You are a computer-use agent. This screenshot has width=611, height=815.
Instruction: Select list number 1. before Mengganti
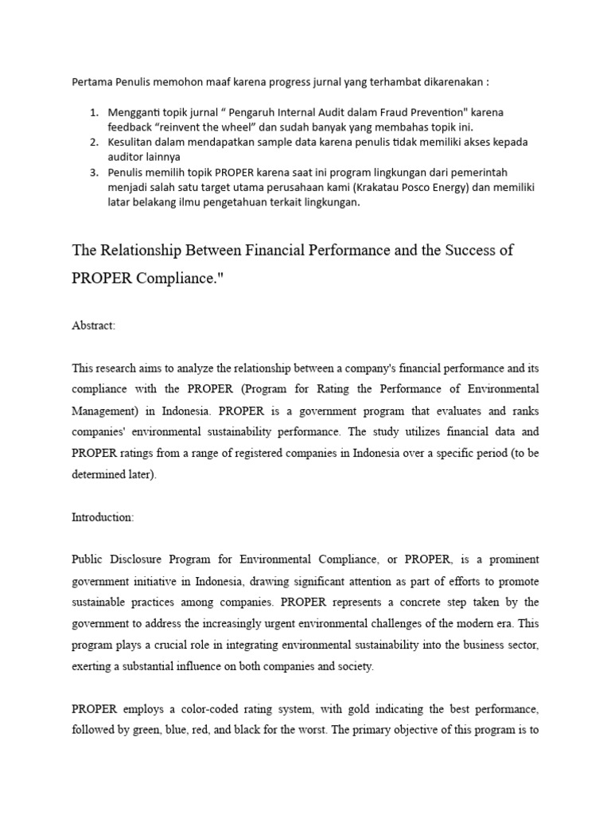(x=94, y=111)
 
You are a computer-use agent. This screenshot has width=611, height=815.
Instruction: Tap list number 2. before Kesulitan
(x=94, y=142)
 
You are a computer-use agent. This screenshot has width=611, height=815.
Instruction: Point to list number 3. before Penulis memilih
(x=94, y=172)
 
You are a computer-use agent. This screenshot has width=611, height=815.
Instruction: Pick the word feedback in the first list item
(x=132, y=127)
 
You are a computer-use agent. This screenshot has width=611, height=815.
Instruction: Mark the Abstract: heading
(x=94, y=326)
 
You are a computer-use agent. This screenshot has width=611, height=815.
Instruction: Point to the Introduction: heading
(x=103, y=517)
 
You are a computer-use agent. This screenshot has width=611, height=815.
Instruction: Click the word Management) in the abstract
(x=106, y=411)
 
